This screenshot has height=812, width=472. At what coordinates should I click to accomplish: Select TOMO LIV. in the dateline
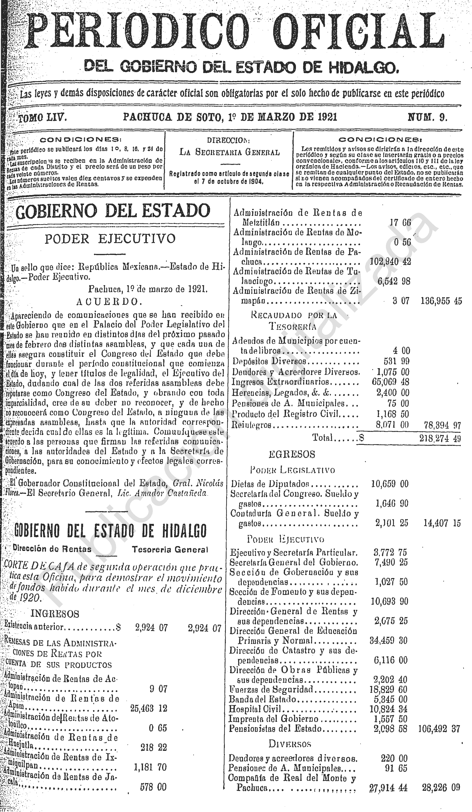(x=43, y=118)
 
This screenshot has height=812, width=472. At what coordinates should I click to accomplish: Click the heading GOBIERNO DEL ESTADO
(x=113, y=211)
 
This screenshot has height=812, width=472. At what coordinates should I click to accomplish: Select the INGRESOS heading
(x=55, y=614)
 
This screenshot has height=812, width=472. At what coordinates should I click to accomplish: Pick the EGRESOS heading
(x=292, y=454)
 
